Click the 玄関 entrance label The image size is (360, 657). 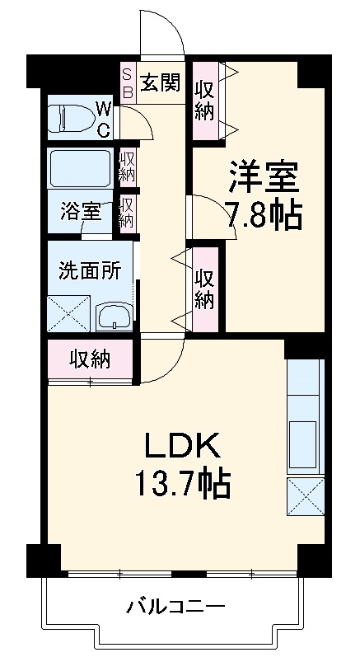(x=160, y=83)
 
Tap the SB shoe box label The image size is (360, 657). (x=128, y=82)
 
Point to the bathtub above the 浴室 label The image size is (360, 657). (x=79, y=169)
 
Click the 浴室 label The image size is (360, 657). (x=80, y=212)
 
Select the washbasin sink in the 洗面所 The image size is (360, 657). (x=113, y=317)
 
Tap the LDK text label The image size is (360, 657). (x=182, y=448)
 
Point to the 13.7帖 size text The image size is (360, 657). (x=182, y=483)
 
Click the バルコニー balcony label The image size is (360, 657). (x=175, y=608)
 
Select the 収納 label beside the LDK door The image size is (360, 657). (x=89, y=359)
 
